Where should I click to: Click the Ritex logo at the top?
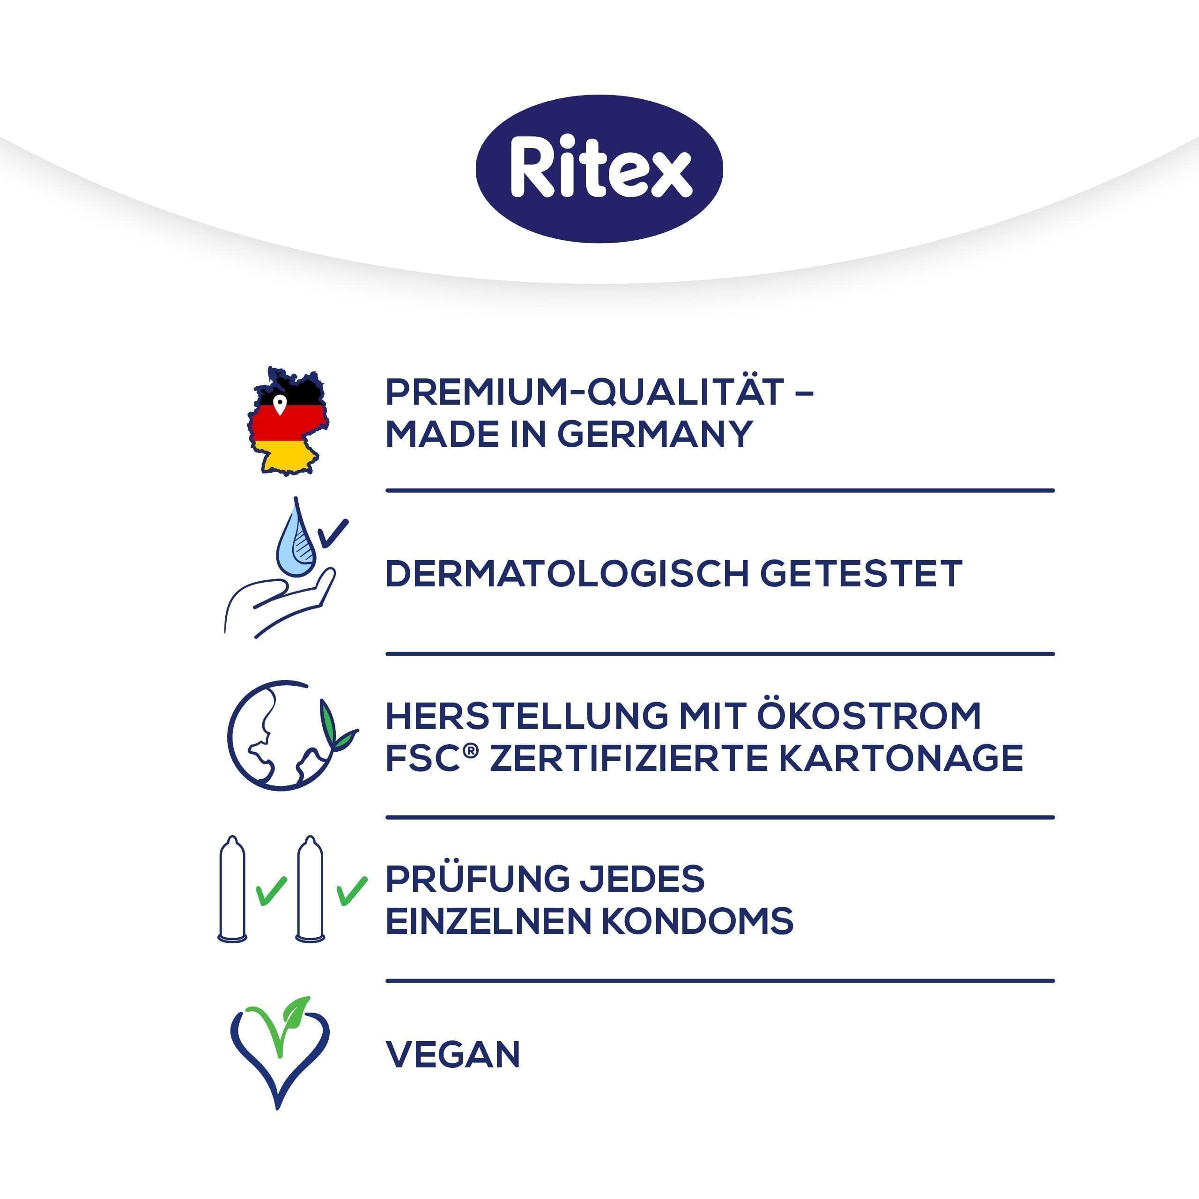click(x=599, y=169)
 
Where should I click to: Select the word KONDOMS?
click(x=697, y=921)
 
